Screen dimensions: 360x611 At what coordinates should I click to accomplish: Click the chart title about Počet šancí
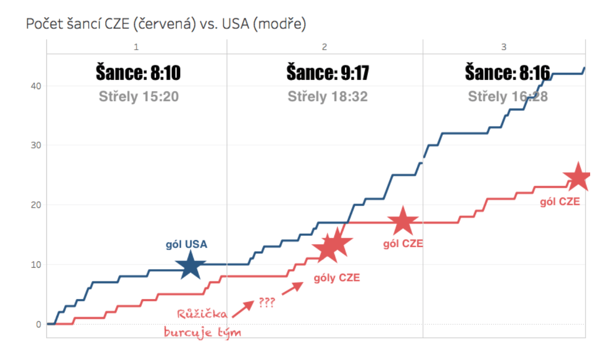pos(166,24)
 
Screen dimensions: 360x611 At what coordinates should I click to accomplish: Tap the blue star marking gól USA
pos(190,266)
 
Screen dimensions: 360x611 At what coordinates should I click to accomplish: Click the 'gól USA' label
pos(186,245)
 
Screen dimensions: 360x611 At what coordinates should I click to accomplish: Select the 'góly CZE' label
pos(337,278)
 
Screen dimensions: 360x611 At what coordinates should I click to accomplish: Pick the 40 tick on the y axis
pos(36,86)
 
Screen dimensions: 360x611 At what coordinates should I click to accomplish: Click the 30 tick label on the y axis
pos(36,145)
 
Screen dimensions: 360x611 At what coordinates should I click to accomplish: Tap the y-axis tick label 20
pos(36,205)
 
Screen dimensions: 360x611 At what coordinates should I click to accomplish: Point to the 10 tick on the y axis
pos(36,264)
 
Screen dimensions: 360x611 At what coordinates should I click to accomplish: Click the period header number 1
pos(136,47)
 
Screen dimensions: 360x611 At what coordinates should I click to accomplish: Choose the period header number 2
pos(324,47)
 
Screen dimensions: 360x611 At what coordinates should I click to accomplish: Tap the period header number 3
pos(503,47)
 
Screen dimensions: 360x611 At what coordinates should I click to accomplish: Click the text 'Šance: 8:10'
pos(138,73)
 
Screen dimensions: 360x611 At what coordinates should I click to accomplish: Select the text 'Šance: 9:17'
pos(327,73)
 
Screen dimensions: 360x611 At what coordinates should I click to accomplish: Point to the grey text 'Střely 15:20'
pos(139,97)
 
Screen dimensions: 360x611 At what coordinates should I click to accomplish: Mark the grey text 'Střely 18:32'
pos(327,97)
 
